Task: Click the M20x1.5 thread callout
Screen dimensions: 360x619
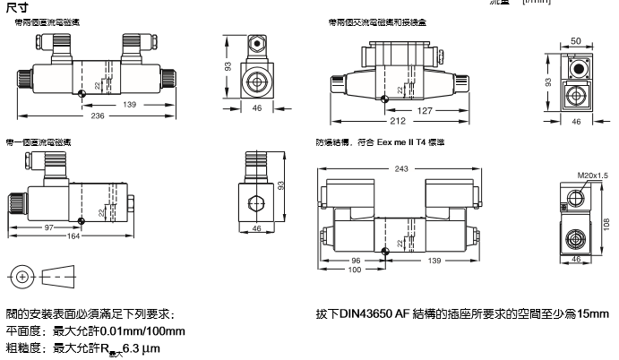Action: coord(590,176)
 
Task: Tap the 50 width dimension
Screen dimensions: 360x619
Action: coord(577,42)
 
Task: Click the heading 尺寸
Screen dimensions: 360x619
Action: coord(13,7)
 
